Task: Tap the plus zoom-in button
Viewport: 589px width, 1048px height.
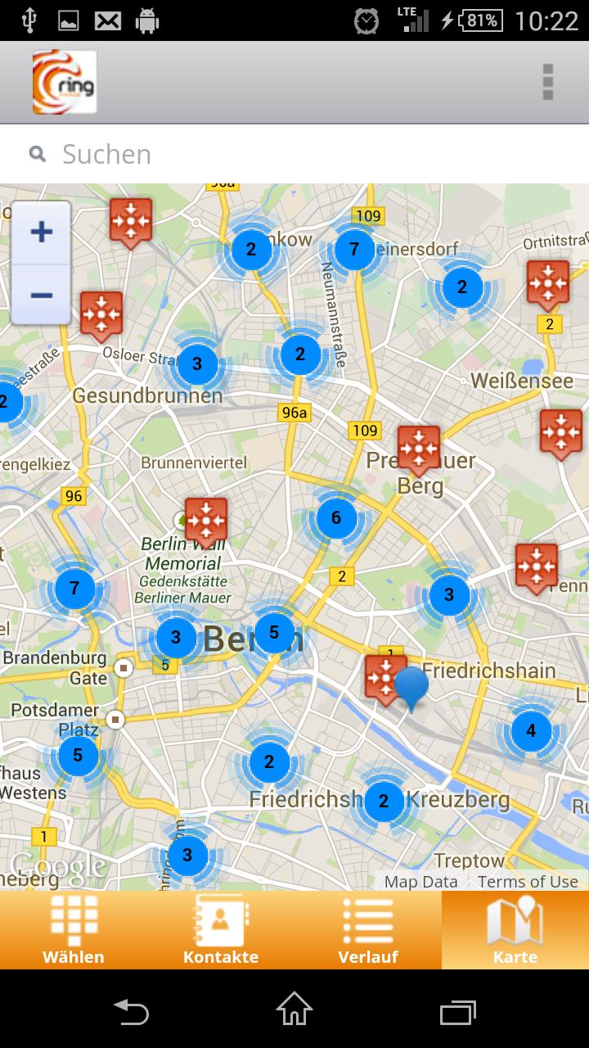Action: point(41,233)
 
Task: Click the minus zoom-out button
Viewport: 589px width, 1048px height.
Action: point(41,294)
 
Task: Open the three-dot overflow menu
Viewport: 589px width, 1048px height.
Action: point(548,82)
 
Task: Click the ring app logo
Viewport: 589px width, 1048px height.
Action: point(65,82)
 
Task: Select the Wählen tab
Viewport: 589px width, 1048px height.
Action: point(74,930)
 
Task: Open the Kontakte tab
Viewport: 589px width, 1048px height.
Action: point(221,930)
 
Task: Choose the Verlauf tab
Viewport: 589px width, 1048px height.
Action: point(368,930)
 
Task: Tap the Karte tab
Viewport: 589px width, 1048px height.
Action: point(515,930)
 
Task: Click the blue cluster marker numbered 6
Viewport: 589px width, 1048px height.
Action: point(335,517)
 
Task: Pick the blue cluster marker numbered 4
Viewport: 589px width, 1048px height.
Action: point(531,730)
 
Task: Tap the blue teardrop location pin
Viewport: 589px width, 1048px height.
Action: point(411,686)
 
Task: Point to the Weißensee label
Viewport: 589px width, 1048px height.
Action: point(522,381)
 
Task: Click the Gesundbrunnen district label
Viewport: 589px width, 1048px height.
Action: point(147,395)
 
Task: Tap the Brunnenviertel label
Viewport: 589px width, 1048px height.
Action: point(194,463)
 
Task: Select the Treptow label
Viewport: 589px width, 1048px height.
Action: point(470,861)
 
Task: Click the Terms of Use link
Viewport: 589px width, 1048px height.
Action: point(528,882)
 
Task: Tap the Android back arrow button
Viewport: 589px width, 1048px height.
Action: point(131,1012)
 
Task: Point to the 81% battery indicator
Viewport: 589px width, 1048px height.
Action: point(481,20)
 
